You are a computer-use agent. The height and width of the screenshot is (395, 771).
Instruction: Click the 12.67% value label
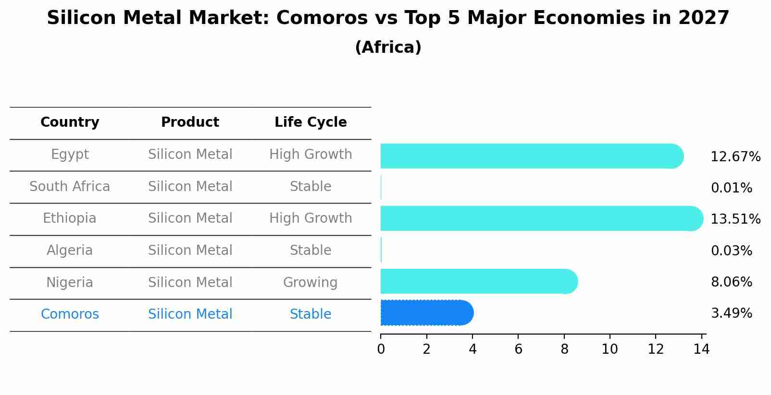click(x=735, y=157)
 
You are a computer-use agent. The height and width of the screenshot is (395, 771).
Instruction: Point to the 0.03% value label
click(x=731, y=251)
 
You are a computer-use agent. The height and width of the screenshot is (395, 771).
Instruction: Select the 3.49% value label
click(x=731, y=313)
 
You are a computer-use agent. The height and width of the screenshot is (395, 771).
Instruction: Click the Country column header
click(x=70, y=122)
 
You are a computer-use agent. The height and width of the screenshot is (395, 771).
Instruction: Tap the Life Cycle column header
click(x=311, y=122)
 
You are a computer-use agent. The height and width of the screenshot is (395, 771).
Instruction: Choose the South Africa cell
click(x=70, y=186)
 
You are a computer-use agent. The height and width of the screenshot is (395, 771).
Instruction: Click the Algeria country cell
click(x=70, y=250)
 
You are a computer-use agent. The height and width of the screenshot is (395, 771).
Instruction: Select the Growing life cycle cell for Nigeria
click(x=310, y=282)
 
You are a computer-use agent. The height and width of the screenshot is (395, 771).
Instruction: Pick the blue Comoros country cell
click(x=70, y=314)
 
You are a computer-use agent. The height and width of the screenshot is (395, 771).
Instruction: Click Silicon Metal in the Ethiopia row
click(x=190, y=218)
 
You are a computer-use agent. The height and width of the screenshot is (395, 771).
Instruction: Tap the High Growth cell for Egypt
click(x=311, y=155)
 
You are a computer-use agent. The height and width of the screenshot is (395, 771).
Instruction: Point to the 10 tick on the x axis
click(x=609, y=349)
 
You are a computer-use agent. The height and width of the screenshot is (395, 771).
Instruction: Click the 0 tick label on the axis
click(x=381, y=349)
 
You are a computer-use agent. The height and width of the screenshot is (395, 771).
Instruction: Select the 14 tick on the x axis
click(x=701, y=349)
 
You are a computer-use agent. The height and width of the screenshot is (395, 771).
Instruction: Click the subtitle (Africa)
click(x=388, y=48)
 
